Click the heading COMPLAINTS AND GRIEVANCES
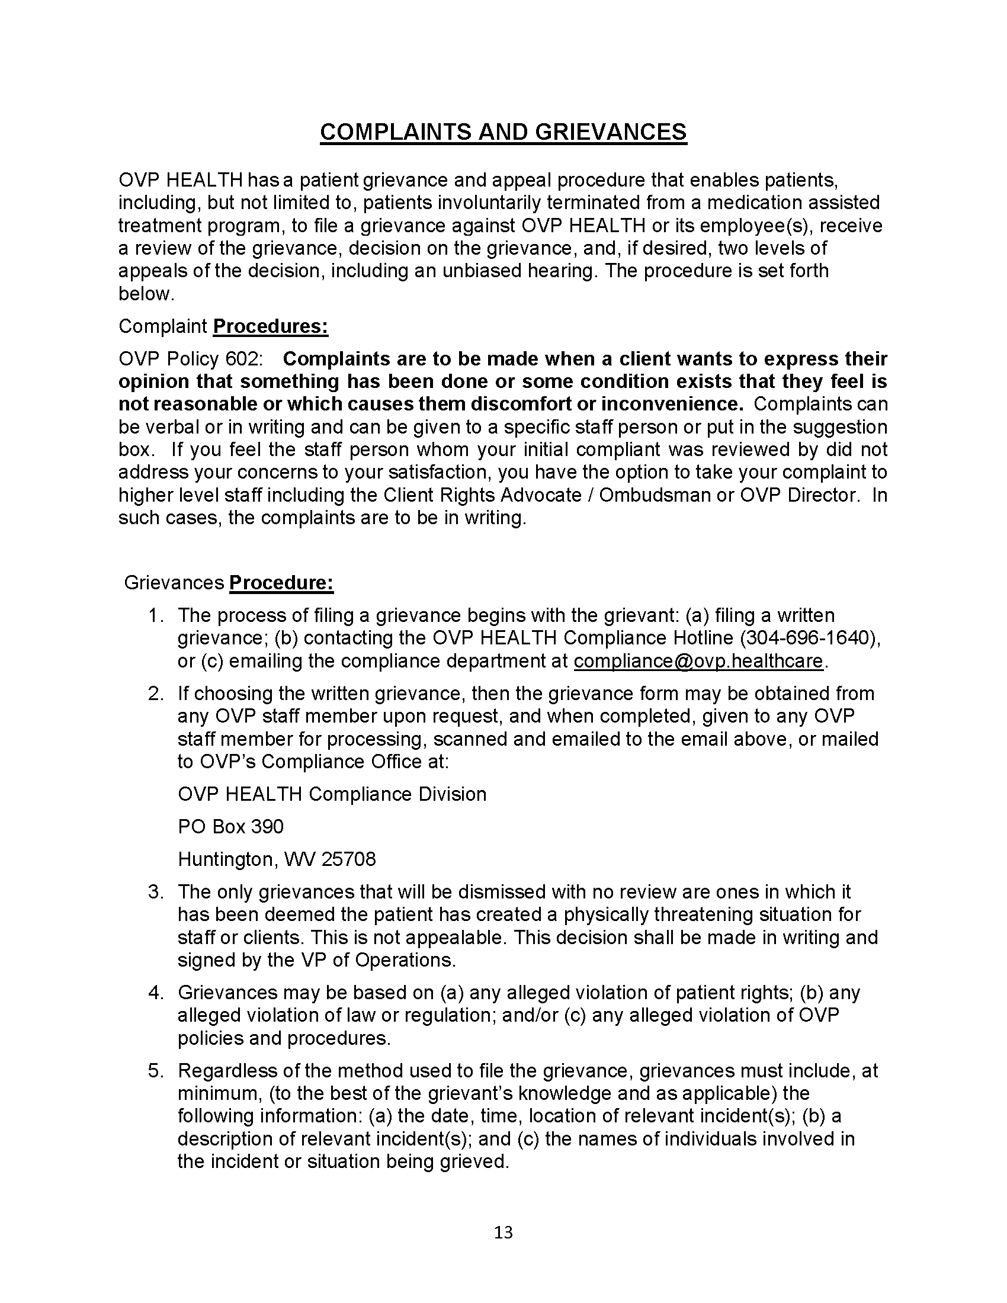pyautogui.click(x=503, y=132)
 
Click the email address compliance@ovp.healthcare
pyautogui.click(x=698, y=661)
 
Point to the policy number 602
pyautogui.click(x=243, y=359)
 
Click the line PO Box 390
pyautogui.click(x=230, y=826)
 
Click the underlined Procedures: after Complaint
pyautogui.click(x=270, y=327)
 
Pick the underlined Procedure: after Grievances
pyautogui.click(x=281, y=583)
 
